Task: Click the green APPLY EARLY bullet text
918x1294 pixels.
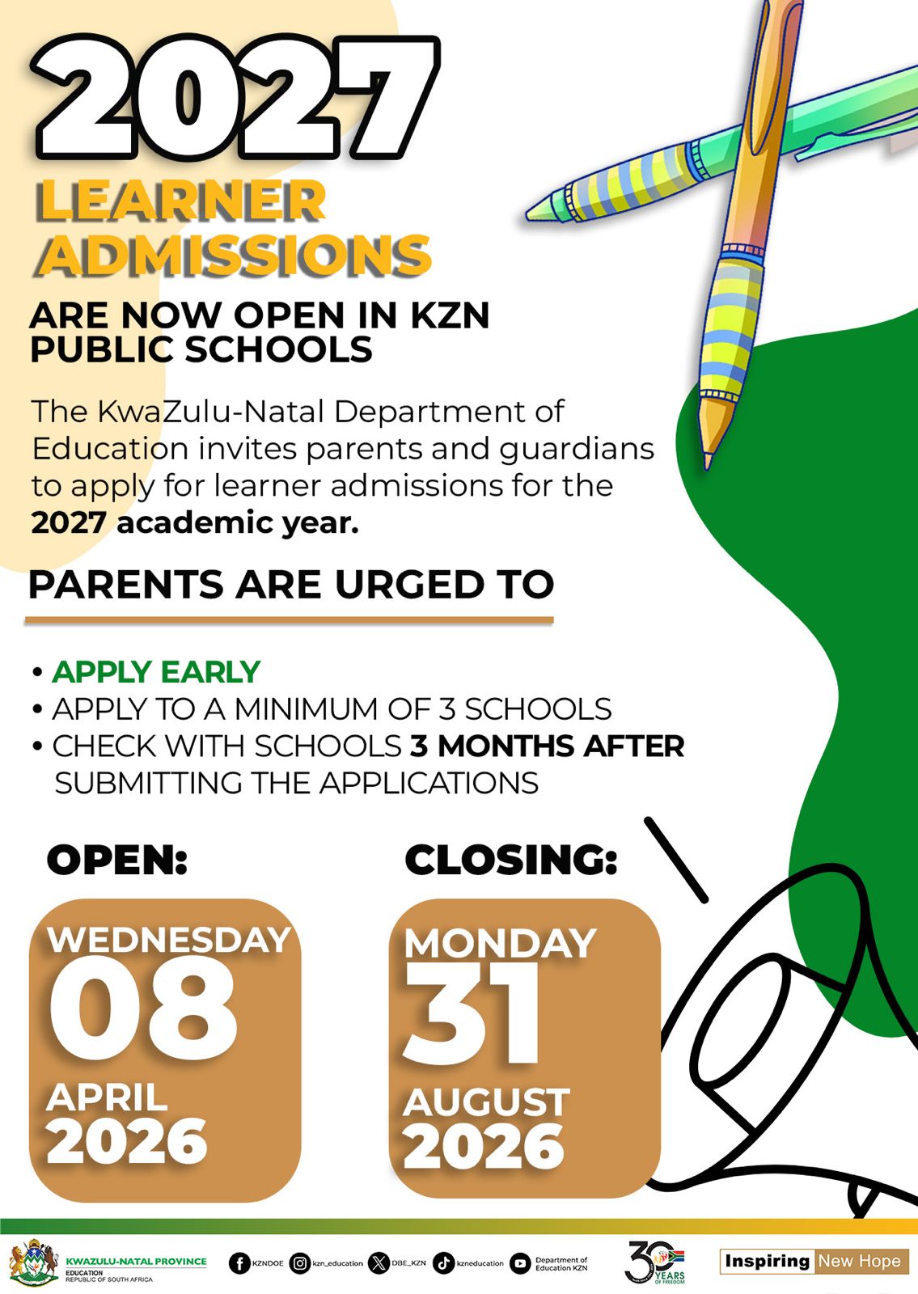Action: coord(155,672)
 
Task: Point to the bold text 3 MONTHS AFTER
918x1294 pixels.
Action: coord(547,746)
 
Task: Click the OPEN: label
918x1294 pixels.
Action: coord(117,859)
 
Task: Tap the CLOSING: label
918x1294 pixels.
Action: coord(511,859)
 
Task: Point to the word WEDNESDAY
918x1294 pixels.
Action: coord(169,940)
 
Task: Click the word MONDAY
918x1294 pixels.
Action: coord(500,943)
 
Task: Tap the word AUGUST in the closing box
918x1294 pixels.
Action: coord(486,1102)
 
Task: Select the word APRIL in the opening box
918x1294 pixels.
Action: coord(107,1097)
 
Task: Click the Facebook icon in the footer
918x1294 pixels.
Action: coord(239,1262)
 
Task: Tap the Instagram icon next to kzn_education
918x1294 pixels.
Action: coord(300,1262)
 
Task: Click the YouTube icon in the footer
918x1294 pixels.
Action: coord(520,1262)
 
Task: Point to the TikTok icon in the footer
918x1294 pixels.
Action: coord(443,1262)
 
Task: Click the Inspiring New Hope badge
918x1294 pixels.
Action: coord(814,1261)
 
